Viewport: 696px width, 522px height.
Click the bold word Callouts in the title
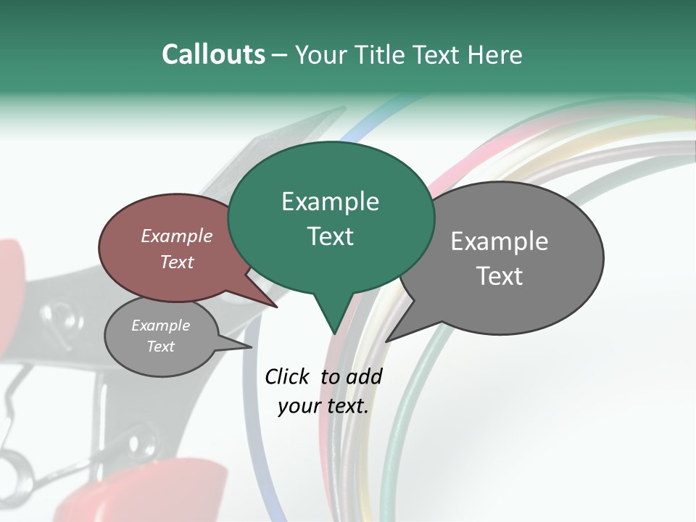pyautogui.click(x=213, y=54)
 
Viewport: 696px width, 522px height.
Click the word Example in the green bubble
pyautogui.click(x=330, y=202)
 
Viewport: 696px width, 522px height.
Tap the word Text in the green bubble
pyautogui.click(x=330, y=236)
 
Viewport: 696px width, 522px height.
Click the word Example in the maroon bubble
pyautogui.click(x=177, y=236)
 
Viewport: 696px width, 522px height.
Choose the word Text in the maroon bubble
pyautogui.click(x=177, y=262)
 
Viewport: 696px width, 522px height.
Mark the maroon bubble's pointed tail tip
pyautogui.click(x=278, y=307)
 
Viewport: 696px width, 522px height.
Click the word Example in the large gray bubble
pyautogui.click(x=500, y=241)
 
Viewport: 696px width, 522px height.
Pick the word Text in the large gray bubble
pyautogui.click(x=500, y=276)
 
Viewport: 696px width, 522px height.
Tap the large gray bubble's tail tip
pyautogui.click(x=386, y=341)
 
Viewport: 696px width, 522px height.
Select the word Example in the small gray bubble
pyautogui.click(x=161, y=326)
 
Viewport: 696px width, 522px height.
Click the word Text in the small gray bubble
pyautogui.click(x=161, y=347)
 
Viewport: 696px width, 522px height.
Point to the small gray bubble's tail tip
pyautogui.click(x=251, y=347)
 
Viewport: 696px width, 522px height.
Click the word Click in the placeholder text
pyautogui.click(x=289, y=377)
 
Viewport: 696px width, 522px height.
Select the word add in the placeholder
pyautogui.click(x=364, y=377)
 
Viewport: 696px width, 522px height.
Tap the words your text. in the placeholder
pyautogui.click(x=323, y=406)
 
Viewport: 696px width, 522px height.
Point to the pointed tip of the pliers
pyautogui.click(x=344, y=108)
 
